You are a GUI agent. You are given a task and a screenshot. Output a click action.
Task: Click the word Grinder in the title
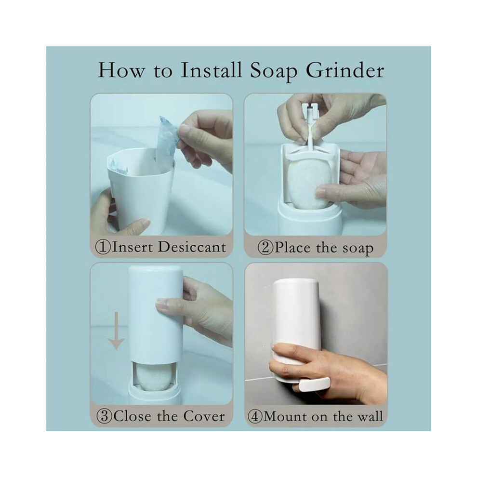(344, 71)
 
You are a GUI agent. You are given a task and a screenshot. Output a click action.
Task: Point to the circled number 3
(105, 416)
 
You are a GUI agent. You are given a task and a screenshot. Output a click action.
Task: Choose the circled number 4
(255, 416)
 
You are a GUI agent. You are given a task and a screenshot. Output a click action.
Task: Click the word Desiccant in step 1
(192, 247)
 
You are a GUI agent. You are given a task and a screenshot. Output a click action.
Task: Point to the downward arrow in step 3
(117, 331)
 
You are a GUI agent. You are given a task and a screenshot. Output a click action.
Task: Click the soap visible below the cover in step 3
(154, 377)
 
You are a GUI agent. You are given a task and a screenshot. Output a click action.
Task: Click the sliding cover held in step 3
(155, 314)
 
